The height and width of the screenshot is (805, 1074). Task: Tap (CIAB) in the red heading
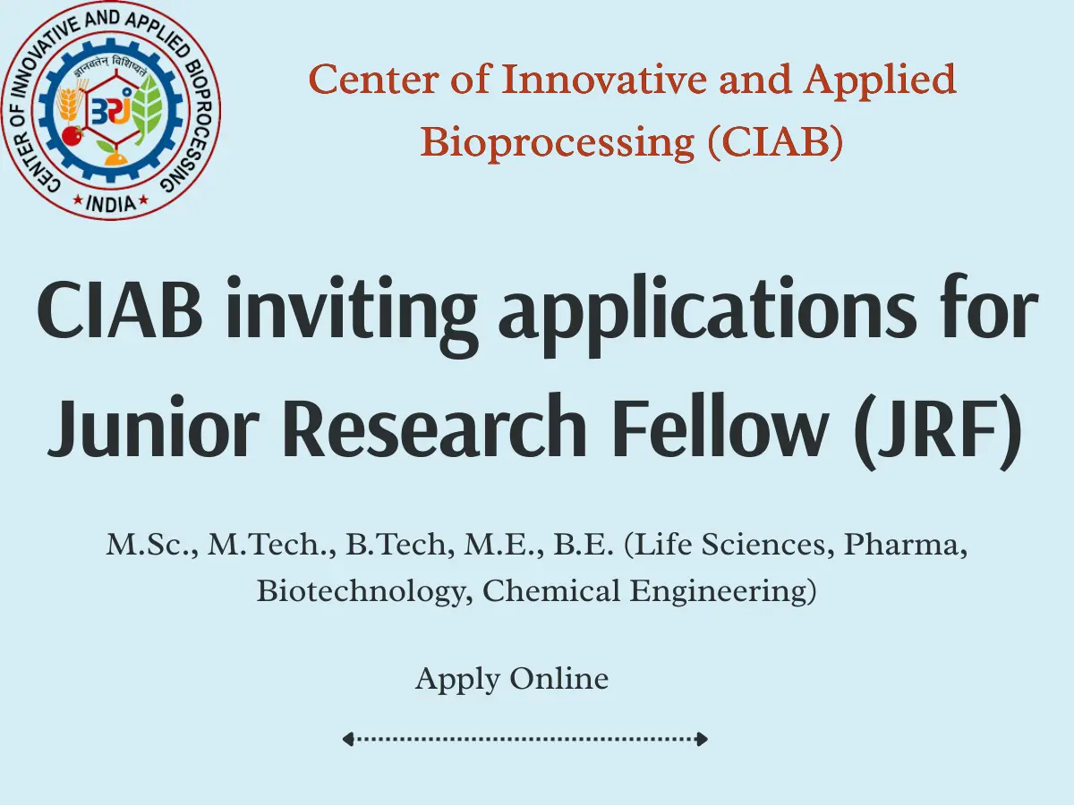tap(775, 142)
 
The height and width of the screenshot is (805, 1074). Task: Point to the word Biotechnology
tap(363, 592)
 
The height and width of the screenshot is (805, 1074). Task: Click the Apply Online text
tap(512, 680)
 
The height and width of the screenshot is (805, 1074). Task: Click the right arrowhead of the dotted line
tap(703, 740)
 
